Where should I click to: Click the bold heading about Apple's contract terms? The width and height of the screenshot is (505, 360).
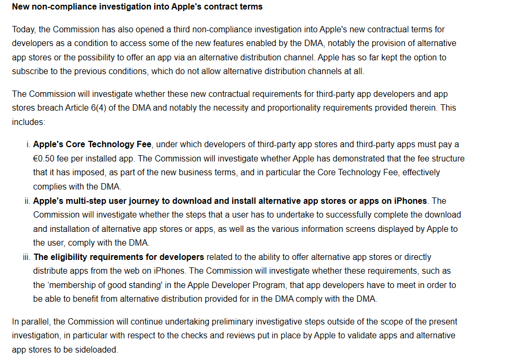[137, 7]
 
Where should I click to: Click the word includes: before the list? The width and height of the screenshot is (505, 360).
[29, 122]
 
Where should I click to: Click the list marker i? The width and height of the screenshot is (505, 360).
[28, 144]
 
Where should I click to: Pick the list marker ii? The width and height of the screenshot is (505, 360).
[27, 201]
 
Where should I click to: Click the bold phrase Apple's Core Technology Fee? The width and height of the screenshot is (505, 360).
[92, 144]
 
